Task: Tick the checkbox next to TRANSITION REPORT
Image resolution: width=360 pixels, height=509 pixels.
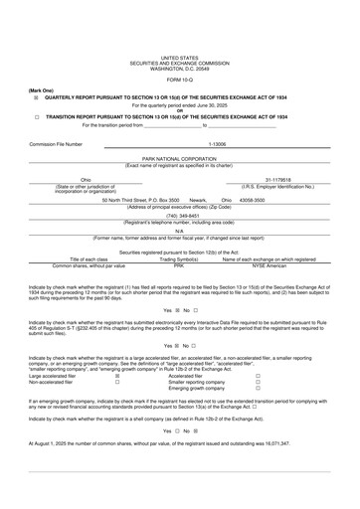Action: coord(37,116)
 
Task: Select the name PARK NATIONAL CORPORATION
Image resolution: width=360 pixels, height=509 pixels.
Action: coord(179,158)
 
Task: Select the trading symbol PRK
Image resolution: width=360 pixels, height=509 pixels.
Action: coord(179,265)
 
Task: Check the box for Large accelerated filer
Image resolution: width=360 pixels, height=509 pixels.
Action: coord(117,376)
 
